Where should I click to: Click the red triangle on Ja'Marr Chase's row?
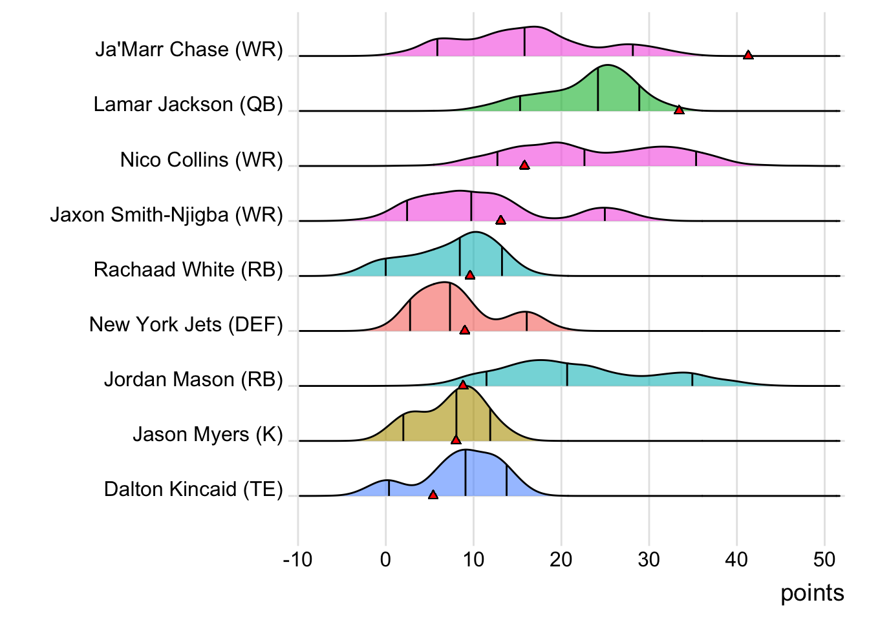[748, 55]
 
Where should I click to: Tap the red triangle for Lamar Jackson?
[679, 110]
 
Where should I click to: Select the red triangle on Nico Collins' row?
[524, 165]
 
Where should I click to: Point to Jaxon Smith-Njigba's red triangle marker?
[500, 220]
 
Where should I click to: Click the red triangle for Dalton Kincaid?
[433, 495]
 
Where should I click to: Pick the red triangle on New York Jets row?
[464, 330]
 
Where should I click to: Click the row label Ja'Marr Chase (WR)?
[189, 50]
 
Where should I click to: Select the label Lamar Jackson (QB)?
[188, 105]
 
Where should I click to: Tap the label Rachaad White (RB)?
[188, 269]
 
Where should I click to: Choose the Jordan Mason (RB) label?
[193, 379]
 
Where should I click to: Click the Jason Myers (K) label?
[208, 434]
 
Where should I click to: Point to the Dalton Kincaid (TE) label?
[193, 490]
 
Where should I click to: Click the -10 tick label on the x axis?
[297, 559]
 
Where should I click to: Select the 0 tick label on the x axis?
[386, 559]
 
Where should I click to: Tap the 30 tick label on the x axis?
[649, 559]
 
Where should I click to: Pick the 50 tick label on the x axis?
[824, 559]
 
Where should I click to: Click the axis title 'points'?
[812, 593]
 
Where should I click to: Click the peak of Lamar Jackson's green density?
[606, 66]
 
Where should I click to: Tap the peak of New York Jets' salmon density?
[445, 282]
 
